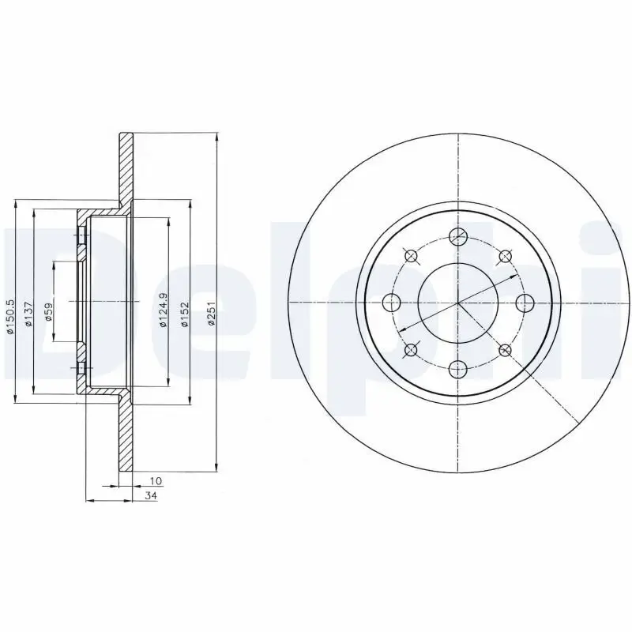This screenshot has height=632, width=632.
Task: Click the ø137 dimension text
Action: (x=28, y=314)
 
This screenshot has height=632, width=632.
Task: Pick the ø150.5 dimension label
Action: (x=10, y=315)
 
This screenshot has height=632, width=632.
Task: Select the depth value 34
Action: (x=150, y=495)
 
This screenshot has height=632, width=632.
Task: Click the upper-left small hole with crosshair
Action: (x=411, y=255)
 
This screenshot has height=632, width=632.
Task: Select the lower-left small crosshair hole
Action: (x=411, y=349)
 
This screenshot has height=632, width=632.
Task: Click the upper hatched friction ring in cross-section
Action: (x=126, y=170)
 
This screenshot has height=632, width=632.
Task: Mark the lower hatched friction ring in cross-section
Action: (x=126, y=434)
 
